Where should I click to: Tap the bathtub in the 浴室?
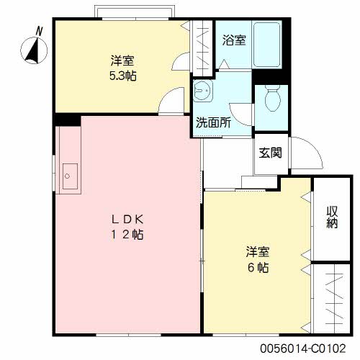coord(267,45)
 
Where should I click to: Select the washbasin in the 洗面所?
coord(203,91)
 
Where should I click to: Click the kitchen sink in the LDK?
coord(70,176)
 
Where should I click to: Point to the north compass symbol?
coord(34,50)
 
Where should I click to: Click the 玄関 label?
coord(270,153)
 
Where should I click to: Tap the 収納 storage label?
coord(332,217)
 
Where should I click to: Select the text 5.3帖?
coord(123,76)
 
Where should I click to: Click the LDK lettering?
coord(127,219)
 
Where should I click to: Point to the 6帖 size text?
coord(258,267)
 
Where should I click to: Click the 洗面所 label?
coord(213,122)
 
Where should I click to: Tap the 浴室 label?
coord(234,40)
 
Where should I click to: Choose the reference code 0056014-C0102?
coord(303,348)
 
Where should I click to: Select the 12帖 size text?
coord(127,234)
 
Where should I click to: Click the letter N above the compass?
coord(39,32)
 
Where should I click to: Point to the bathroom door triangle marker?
coord(225,64)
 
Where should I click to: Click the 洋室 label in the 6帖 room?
coord(258,252)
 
